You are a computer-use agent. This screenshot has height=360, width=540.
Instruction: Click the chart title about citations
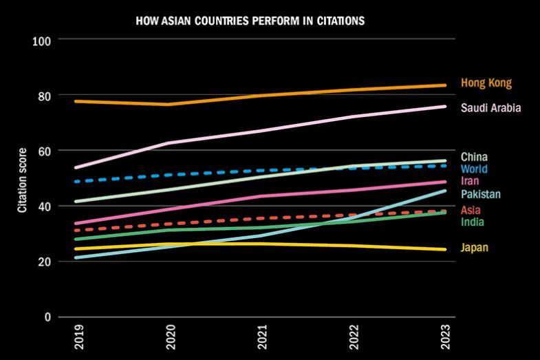(250, 21)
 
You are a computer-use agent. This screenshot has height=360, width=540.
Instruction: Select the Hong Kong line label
(486, 83)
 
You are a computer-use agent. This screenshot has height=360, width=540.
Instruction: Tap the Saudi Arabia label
(490, 108)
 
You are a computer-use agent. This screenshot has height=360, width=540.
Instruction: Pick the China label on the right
(474, 157)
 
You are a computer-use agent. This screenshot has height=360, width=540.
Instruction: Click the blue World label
(475, 169)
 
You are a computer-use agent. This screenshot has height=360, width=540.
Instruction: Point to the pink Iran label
(470, 181)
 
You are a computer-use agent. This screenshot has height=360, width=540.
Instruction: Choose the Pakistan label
(480, 194)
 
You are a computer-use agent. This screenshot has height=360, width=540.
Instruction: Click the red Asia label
(471, 210)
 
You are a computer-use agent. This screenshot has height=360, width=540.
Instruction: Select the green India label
(472, 222)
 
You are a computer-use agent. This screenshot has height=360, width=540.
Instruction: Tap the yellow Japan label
(474, 248)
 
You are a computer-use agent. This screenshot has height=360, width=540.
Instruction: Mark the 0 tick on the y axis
(48, 317)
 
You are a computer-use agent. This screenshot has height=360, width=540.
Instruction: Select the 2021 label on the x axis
(261, 339)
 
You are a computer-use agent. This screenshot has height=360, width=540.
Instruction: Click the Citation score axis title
(22, 179)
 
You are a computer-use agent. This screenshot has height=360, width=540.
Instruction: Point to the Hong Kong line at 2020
(168, 105)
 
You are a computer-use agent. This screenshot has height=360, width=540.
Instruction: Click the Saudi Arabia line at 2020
(168, 143)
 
